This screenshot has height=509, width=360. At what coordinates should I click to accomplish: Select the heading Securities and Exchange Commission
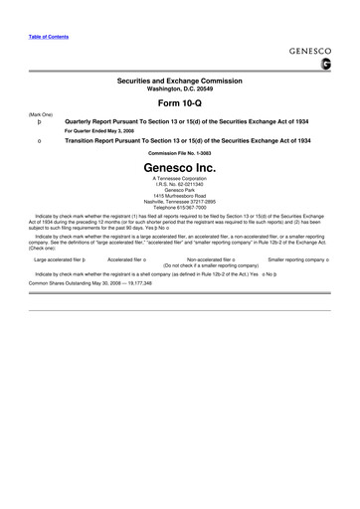pos(179,81)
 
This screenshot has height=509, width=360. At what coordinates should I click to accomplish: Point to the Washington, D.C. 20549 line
pos(179,88)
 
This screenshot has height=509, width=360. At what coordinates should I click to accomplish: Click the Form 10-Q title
pos(179,103)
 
